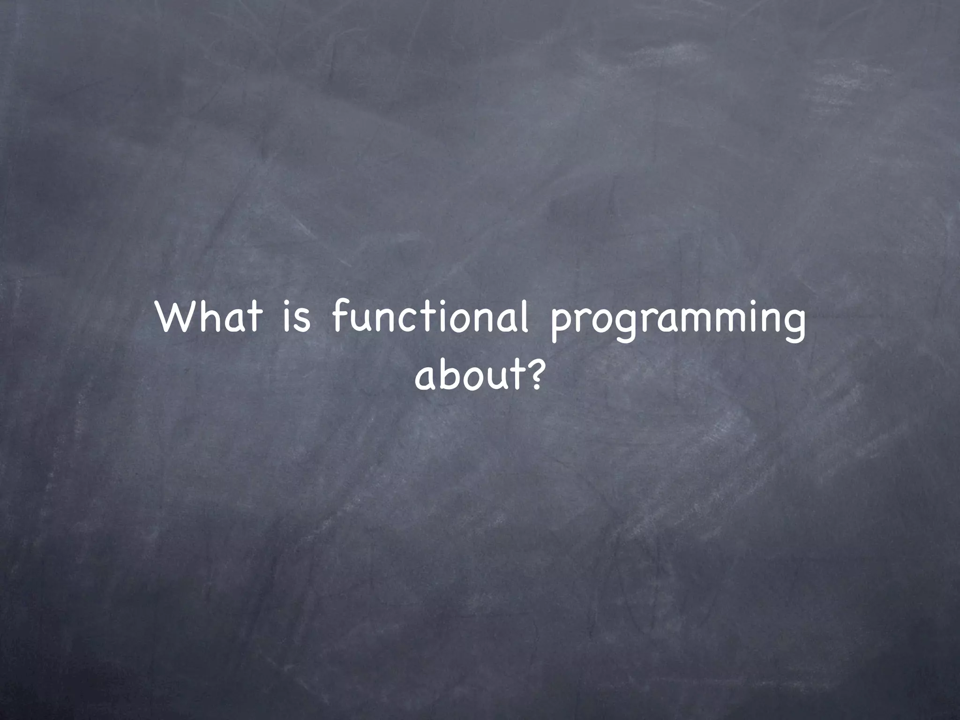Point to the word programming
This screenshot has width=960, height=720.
pyautogui.click(x=677, y=321)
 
